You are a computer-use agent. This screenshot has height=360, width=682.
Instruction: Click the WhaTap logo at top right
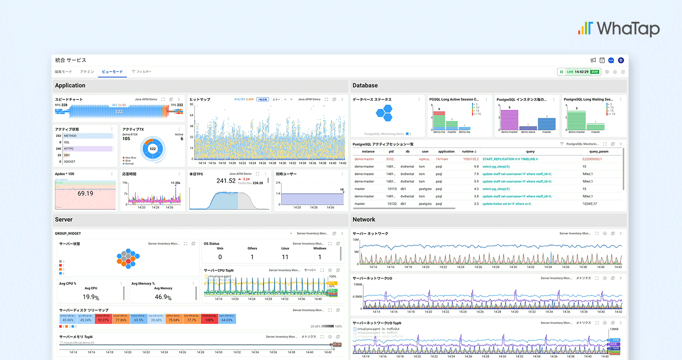[x=619, y=29]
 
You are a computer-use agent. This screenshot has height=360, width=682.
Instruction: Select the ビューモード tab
[x=112, y=72]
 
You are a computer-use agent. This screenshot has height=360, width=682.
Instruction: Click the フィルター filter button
[x=142, y=72]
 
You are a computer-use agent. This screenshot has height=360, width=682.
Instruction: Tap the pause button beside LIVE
[x=562, y=72]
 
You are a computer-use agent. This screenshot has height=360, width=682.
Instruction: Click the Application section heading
[x=70, y=86]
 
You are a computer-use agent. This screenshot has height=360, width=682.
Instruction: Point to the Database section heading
[x=365, y=86]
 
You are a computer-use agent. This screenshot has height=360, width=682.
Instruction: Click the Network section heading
[x=364, y=220]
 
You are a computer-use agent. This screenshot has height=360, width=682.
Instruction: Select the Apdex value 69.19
[x=85, y=194]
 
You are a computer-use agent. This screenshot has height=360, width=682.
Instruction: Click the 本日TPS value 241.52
[x=226, y=180]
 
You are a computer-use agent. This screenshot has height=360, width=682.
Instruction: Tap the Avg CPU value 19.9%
[x=90, y=297]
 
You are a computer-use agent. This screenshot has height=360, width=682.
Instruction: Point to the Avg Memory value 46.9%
[x=163, y=297]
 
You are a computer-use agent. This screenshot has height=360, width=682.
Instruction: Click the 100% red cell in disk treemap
[x=209, y=320]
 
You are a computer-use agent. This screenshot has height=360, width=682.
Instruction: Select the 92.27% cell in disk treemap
[x=103, y=320]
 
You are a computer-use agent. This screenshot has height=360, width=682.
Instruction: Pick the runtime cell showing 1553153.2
[x=470, y=159]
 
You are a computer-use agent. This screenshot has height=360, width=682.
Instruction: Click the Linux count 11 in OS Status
[x=285, y=257]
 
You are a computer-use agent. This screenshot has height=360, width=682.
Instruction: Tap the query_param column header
[x=595, y=152]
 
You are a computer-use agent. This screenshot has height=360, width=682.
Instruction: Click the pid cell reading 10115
[x=391, y=189]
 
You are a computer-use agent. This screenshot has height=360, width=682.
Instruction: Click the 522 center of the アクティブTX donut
[x=153, y=149]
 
